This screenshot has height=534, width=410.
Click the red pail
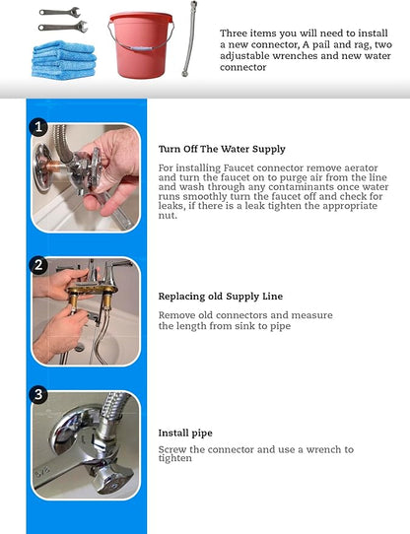141,45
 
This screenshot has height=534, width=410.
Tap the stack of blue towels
64,60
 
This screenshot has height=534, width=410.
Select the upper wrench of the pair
60,12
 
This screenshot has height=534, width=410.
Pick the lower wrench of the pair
63,27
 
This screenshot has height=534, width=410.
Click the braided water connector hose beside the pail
189,38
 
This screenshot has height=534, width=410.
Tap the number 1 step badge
38,127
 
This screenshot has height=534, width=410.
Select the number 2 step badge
38,265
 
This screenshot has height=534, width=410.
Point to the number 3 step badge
38,394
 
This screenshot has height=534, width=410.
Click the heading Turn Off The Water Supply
222,149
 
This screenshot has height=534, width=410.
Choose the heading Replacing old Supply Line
221,297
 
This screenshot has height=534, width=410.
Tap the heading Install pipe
185,434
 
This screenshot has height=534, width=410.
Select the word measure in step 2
311,315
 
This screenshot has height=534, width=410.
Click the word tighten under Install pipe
175,458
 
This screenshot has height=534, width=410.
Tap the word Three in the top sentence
234,33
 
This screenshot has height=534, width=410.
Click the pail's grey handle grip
141,49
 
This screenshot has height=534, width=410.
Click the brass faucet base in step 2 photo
93,290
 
